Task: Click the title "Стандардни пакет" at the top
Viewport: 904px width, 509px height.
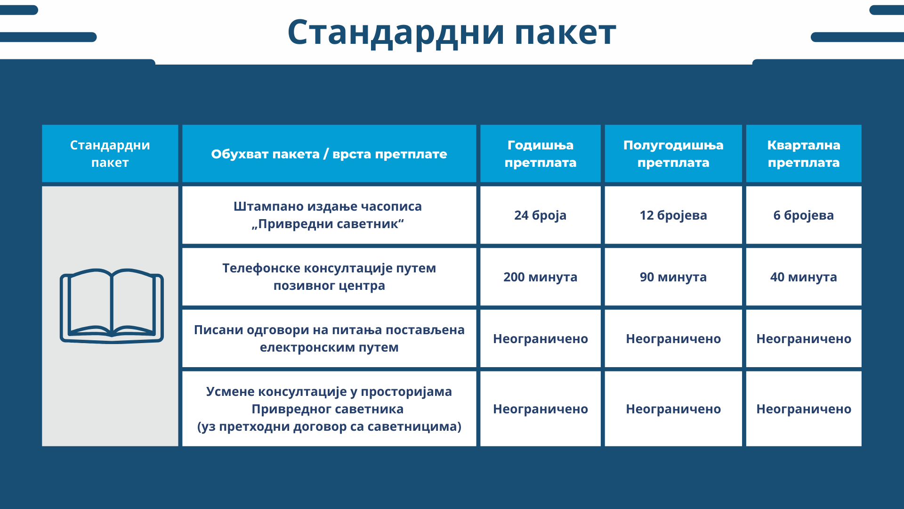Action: (452, 33)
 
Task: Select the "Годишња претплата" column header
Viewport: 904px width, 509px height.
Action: (541, 154)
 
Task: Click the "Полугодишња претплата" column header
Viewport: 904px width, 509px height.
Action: (673, 154)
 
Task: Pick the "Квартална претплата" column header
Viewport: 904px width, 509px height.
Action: (804, 154)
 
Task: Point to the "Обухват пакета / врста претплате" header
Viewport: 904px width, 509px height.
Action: (329, 154)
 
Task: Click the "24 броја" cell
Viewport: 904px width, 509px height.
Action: (541, 215)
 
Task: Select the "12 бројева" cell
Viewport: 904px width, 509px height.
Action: (673, 215)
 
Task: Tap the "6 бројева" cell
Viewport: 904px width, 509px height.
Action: (804, 215)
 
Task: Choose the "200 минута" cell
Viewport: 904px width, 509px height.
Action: (541, 277)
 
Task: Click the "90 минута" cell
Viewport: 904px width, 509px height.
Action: (673, 277)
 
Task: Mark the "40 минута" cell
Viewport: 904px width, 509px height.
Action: (804, 277)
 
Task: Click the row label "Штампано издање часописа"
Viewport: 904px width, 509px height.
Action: (328, 215)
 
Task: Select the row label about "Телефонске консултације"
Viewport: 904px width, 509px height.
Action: (329, 277)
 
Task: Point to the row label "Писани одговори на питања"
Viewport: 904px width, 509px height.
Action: (329, 338)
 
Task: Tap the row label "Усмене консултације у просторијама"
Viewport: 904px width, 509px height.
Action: (329, 409)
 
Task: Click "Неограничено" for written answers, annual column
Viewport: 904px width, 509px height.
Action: (541, 339)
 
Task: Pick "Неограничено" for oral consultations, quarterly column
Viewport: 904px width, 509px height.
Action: (804, 409)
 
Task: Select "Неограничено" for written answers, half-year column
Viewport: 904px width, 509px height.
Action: (673, 339)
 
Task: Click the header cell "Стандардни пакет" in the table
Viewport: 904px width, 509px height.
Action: (110, 154)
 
